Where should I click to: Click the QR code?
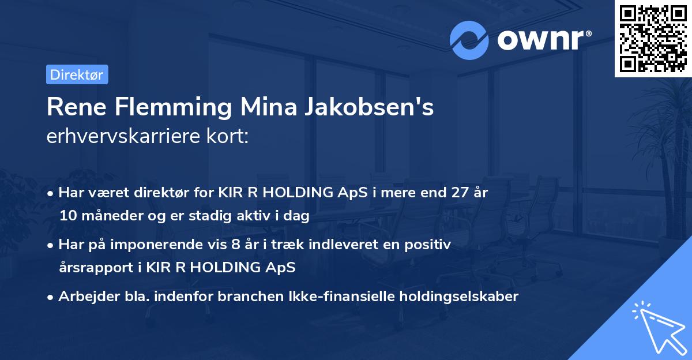653,39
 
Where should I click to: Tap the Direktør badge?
77,74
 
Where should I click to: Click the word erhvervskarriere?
123,137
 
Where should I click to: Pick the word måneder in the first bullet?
108,216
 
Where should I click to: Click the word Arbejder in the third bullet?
86,297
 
